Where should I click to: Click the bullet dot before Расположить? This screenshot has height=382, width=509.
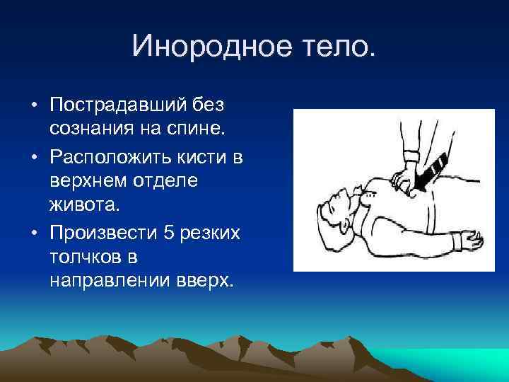[34, 156]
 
